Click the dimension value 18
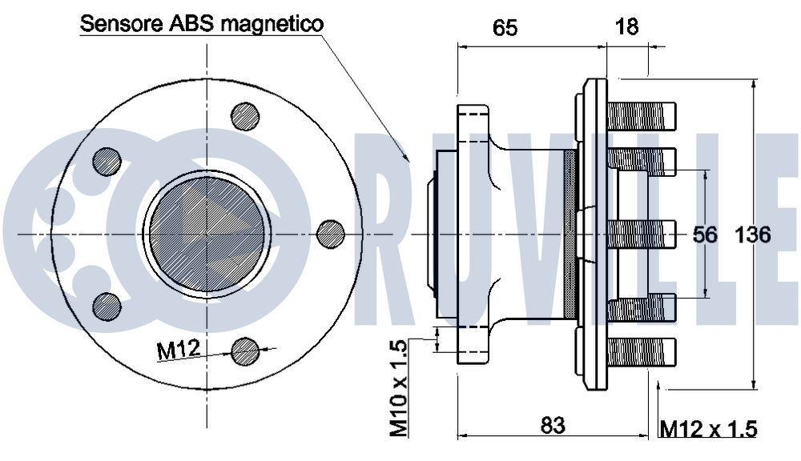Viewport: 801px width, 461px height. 626,27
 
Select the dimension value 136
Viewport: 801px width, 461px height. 753,235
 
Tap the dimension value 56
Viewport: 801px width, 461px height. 704,235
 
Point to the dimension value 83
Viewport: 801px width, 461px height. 553,425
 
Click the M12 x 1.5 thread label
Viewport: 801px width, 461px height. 709,429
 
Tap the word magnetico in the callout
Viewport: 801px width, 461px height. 272,24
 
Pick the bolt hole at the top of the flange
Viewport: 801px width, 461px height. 245,117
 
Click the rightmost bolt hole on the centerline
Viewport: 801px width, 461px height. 331,234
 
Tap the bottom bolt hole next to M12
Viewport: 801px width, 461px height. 245,351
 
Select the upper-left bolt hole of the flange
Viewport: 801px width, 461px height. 107,162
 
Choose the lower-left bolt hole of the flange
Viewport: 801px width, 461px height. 107,306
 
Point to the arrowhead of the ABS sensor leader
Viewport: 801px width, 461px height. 408,159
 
